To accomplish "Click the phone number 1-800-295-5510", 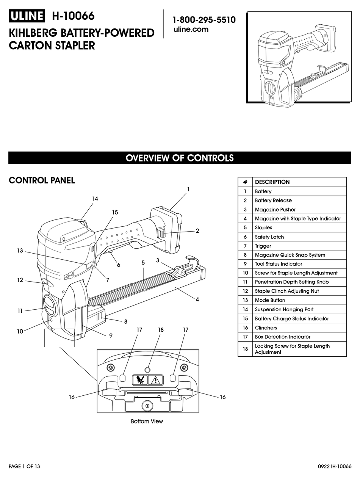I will point(204,20).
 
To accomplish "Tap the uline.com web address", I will point(191,30).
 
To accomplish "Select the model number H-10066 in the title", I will point(73,16).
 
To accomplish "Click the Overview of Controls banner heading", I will point(180,158).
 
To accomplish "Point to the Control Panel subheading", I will point(42,180).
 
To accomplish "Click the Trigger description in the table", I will point(263,246).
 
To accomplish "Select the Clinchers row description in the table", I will point(266,328).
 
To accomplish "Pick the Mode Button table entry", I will point(270,300).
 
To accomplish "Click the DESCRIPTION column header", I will point(272,182).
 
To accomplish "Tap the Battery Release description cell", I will point(273,201).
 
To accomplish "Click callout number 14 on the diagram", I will point(95,199).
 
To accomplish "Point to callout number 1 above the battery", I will point(188,189).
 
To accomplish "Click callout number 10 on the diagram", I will point(20,331).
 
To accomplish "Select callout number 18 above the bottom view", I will point(161,330).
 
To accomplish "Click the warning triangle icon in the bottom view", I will point(155,380).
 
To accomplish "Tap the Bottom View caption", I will point(147,422).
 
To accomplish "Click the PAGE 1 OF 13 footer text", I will point(24,467).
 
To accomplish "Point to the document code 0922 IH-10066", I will point(335,467).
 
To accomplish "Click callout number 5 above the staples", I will point(143,262).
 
